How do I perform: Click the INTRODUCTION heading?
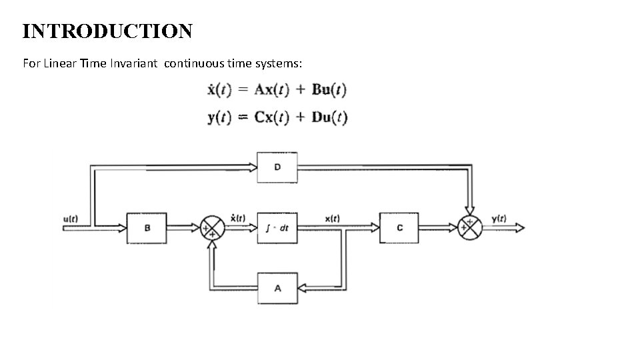pos(107,31)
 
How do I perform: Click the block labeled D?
pos(277,167)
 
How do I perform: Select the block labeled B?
pos(147,228)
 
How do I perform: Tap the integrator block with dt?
pos(277,228)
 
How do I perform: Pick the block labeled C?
pos(399,228)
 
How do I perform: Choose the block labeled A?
pos(277,288)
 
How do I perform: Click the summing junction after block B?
pos(213,228)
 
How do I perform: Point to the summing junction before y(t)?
pos(471,227)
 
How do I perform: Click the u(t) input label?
pos(72,218)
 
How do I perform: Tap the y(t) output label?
pos(499,218)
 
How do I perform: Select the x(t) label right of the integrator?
pos(332,218)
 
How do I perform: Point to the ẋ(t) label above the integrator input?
pos(237,217)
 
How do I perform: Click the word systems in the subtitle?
pos(279,63)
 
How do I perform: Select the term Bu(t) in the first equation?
pos(329,89)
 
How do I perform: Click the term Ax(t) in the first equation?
pos(271,89)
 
